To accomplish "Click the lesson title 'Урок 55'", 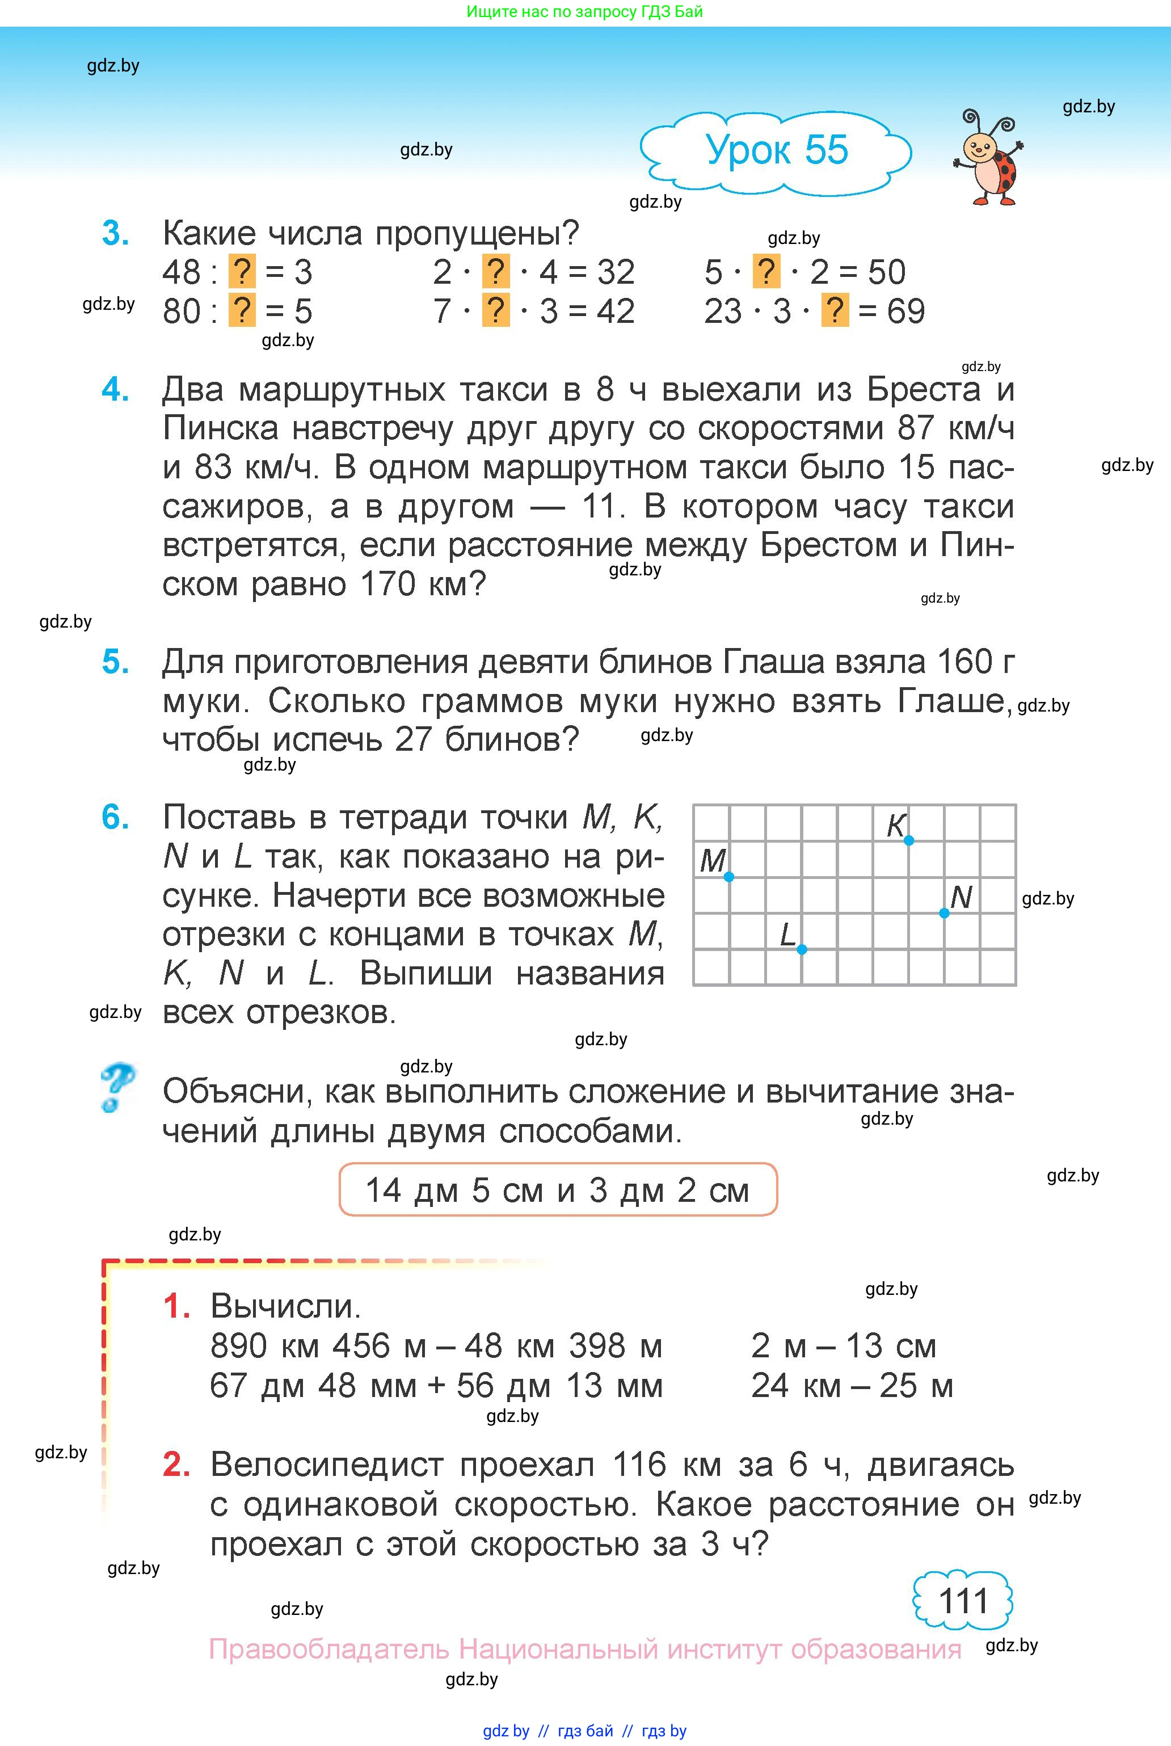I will [777, 150].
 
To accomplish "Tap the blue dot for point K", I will [909, 841].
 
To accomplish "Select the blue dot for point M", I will [729, 877].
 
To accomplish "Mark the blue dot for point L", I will [801, 949].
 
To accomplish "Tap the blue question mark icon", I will [116, 1088].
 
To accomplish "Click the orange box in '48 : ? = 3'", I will [241, 272].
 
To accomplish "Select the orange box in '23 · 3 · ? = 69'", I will [835, 310].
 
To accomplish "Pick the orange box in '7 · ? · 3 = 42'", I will [496, 310].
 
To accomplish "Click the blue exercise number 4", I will [115, 390].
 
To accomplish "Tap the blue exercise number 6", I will [115, 817].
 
